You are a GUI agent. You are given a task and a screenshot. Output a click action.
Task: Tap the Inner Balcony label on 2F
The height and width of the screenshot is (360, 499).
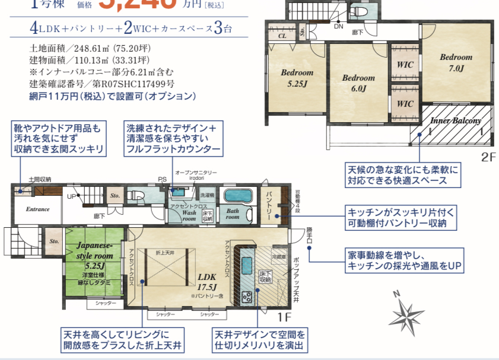tap(455, 121)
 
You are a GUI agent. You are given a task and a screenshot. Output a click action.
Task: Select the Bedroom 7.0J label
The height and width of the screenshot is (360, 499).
tap(456, 62)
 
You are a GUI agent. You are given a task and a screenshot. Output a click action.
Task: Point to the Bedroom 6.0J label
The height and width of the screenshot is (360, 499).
tap(358, 83)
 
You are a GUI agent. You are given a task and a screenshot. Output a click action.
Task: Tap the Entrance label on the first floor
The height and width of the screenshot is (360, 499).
tap(37, 209)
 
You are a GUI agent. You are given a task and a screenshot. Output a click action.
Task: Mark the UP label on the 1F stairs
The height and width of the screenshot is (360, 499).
tap(71, 196)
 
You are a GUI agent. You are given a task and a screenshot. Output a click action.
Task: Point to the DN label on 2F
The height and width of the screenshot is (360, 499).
tap(338, 27)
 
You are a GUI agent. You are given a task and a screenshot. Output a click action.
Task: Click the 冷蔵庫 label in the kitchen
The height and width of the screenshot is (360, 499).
tap(279, 257)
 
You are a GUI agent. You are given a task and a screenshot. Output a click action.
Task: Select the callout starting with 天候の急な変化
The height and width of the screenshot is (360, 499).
tap(403, 174)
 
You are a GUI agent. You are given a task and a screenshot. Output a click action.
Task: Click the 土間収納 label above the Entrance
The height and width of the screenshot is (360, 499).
tap(40, 179)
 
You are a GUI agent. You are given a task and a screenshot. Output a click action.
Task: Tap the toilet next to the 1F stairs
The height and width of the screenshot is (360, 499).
tap(135, 196)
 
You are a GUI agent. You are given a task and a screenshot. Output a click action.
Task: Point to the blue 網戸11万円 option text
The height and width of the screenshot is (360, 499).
tap(112, 95)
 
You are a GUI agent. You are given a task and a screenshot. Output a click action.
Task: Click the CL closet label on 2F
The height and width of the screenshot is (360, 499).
tap(282, 36)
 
